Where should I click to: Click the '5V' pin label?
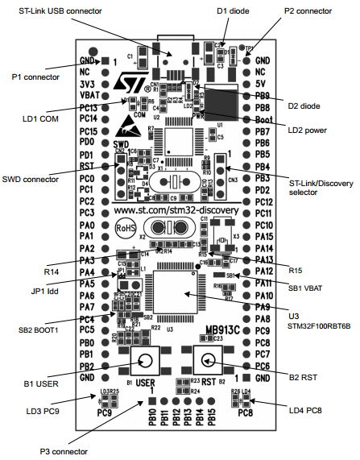tap(260, 83)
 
